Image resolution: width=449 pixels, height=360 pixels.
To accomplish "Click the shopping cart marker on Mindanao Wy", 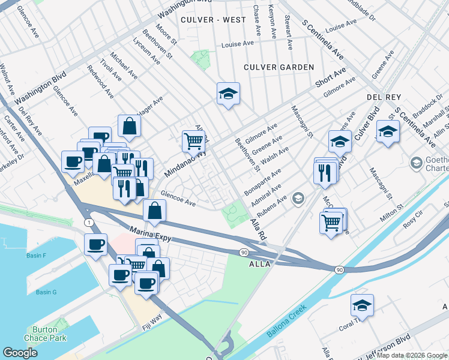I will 193,142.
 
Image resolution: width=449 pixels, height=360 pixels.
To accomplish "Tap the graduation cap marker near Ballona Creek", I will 362,306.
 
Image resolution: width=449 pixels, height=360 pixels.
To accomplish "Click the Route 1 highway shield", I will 89,223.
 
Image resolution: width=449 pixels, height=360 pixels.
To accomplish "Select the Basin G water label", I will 46,292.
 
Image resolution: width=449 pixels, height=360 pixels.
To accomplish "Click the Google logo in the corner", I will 20,352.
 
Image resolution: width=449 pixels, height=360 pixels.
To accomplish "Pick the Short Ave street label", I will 331,77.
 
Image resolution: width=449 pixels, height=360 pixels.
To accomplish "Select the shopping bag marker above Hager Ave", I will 129,126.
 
